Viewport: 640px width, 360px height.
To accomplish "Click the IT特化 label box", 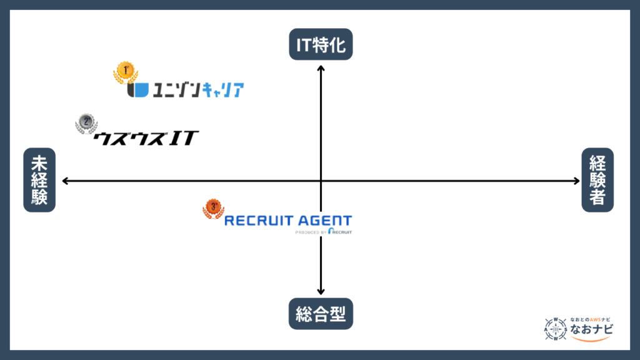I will click(x=321, y=44).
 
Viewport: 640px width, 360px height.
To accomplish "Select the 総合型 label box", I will click(x=321, y=314).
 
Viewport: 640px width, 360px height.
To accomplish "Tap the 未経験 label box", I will click(x=39, y=180).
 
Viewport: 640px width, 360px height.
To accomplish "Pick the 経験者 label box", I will click(x=597, y=180).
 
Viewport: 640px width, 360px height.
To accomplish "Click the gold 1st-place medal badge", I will click(x=125, y=72).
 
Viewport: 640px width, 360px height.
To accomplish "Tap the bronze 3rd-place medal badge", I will click(x=213, y=209).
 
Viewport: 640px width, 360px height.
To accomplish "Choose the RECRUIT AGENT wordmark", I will click(x=287, y=221).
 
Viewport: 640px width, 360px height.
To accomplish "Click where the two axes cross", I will click(x=321, y=181).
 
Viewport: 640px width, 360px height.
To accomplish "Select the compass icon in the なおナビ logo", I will click(x=556, y=329).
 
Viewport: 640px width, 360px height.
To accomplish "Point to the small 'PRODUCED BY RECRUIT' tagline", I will click(x=323, y=232).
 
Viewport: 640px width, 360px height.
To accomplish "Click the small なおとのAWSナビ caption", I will click(x=590, y=318).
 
